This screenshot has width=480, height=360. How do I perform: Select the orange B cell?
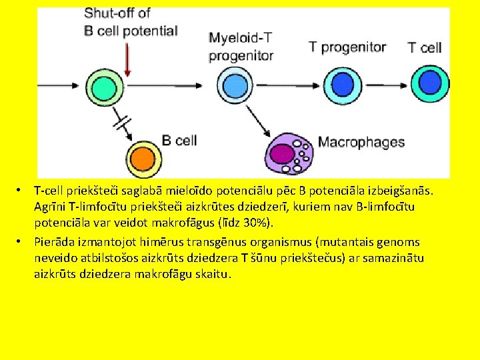tap(141, 158)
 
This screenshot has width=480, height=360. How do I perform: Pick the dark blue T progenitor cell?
tap(343, 85)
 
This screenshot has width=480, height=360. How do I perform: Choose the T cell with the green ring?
tap(427, 85)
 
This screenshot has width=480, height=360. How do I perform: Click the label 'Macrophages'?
tap(361, 141)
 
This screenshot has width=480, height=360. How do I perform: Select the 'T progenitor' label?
tap(347, 47)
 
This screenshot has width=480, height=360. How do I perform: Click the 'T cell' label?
tap(425, 47)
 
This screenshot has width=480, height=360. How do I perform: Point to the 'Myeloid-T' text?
tap(241, 38)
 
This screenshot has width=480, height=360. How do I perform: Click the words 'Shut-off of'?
tap(117, 13)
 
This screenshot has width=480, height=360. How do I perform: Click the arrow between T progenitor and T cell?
tap(385, 85)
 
